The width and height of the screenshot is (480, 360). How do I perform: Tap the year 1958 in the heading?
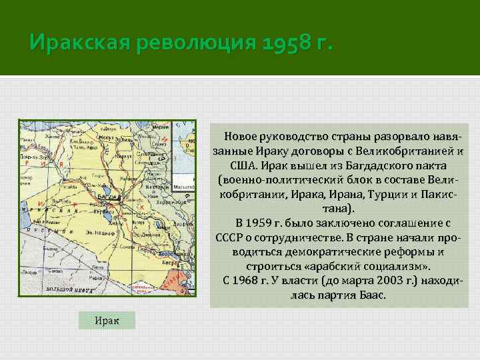[x=281, y=45]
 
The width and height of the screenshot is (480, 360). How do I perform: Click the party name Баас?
[x=370, y=295]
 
